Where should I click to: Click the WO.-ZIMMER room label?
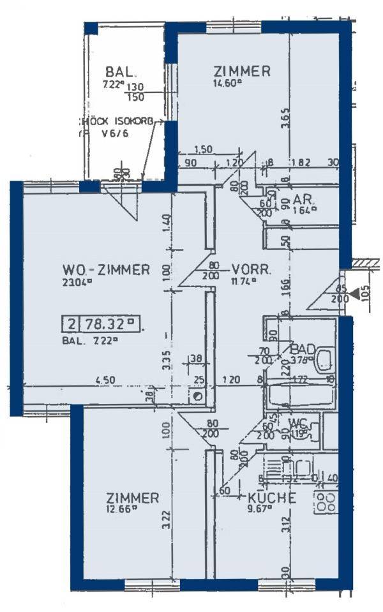pos(106,269)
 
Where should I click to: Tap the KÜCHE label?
pos(272,498)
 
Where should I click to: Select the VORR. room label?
pos(253,269)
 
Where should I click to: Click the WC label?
pos(299,422)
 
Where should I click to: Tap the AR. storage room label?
pos(301,198)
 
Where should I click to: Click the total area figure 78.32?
pos(107,324)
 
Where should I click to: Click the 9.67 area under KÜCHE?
pos(259,509)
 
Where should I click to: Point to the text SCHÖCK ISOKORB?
pos(116,121)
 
